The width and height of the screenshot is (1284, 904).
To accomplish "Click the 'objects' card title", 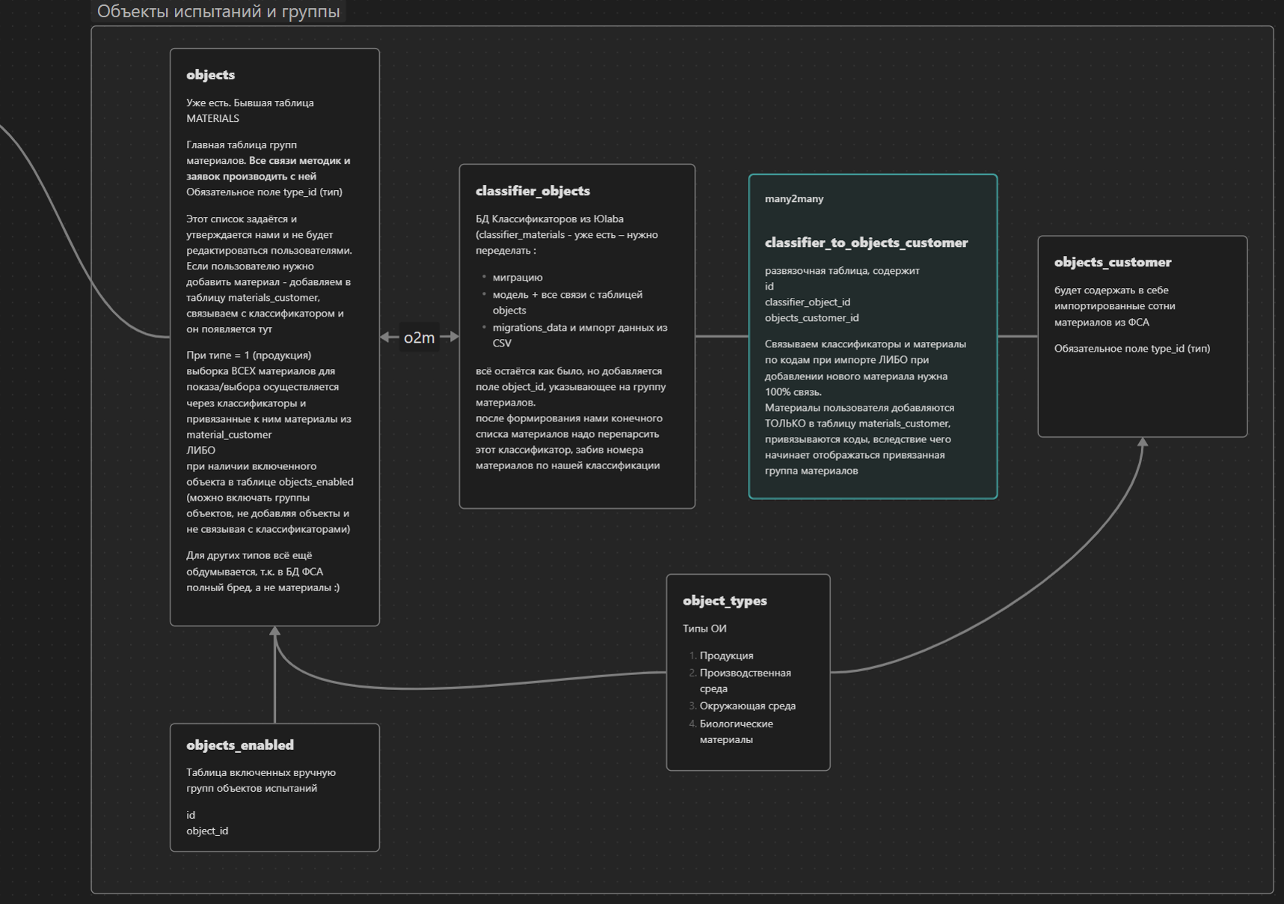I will (210, 75).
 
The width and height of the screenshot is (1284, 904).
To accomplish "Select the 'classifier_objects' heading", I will (532, 191).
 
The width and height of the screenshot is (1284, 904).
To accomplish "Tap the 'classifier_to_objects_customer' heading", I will (866, 242).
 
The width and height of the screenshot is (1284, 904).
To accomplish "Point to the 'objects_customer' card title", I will (1112, 262).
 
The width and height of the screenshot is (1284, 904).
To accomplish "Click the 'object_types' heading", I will (725, 601).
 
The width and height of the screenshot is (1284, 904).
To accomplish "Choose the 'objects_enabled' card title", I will (239, 745).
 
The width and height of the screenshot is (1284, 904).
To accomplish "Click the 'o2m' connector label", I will (419, 338).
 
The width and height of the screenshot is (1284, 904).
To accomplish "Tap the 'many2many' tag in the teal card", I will (793, 199).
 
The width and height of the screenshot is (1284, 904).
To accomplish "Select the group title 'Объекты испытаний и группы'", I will (218, 11).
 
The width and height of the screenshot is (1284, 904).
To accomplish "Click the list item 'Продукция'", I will (726, 656).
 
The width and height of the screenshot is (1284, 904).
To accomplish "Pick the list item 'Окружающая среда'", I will (747, 706).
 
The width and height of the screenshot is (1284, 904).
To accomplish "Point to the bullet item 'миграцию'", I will (517, 278).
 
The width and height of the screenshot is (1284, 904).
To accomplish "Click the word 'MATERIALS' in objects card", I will (212, 118).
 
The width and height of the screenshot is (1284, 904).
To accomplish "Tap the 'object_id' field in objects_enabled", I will (207, 831).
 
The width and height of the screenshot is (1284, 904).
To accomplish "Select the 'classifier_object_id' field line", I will (807, 302).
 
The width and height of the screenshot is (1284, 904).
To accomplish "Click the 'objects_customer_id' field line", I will (811, 318).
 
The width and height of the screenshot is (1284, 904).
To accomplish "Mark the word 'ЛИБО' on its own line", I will (200, 451).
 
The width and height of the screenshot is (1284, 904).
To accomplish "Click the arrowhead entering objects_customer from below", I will (1142, 442).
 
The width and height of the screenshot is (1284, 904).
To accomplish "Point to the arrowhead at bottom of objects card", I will (275, 632).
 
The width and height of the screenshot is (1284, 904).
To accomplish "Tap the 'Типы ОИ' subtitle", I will (704, 629).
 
